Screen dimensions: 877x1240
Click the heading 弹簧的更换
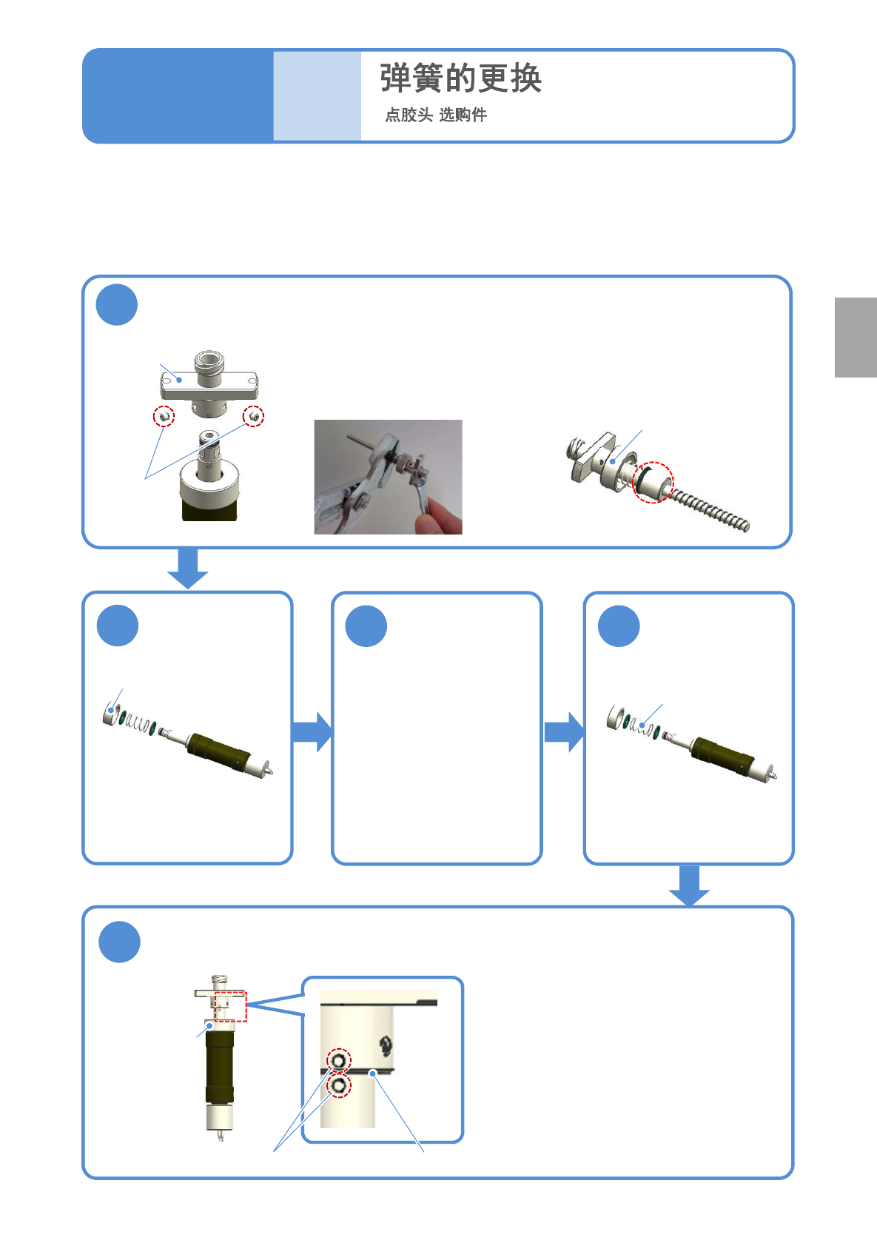tap(460, 78)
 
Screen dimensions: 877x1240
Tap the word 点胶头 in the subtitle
tap(409, 115)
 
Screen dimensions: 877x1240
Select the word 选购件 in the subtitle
tap(463, 115)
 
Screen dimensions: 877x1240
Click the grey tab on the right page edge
tap(856, 337)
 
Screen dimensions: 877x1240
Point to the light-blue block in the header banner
tap(317, 95)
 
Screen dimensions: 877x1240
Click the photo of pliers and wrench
tap(388, 477)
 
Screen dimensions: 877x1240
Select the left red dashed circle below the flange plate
tap(164, 416)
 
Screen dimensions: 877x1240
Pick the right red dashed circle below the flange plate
tap(253, 416)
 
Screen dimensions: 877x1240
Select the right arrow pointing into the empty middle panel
tap(312, 732)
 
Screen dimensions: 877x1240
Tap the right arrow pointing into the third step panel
tap(565, 732)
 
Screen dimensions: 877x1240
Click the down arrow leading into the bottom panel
tap(689, 885)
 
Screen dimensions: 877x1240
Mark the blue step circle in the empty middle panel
tap(366, 626)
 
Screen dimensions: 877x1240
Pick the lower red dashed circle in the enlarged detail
tap(339, 1085)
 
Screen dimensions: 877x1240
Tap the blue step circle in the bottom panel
tap(119, 942)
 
